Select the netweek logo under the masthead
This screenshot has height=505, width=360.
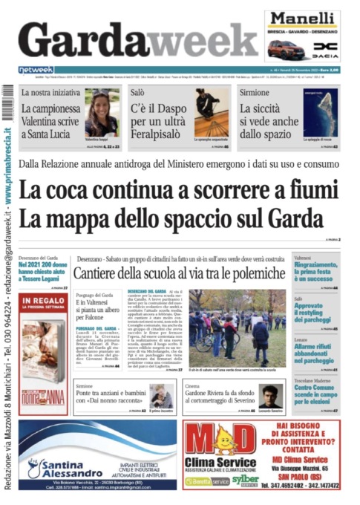coord(36,70)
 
